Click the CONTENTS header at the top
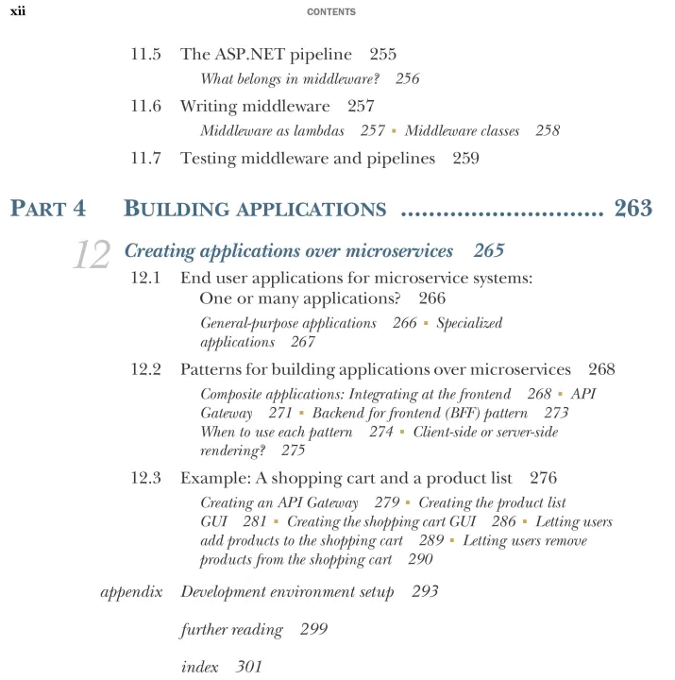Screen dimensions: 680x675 [337, 12]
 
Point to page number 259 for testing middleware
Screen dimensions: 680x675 [465, 158]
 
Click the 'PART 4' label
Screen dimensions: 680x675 [47, 209]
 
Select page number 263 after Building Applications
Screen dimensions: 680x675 [633, 209]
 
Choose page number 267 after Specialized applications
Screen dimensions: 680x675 [303, 342]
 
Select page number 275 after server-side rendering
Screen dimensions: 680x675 [293, 450]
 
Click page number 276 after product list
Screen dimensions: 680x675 [544, 477]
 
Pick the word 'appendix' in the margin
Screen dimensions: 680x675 [131, 592]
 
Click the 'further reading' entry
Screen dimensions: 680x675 [231, 629]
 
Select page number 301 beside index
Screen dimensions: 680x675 [249, 667]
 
